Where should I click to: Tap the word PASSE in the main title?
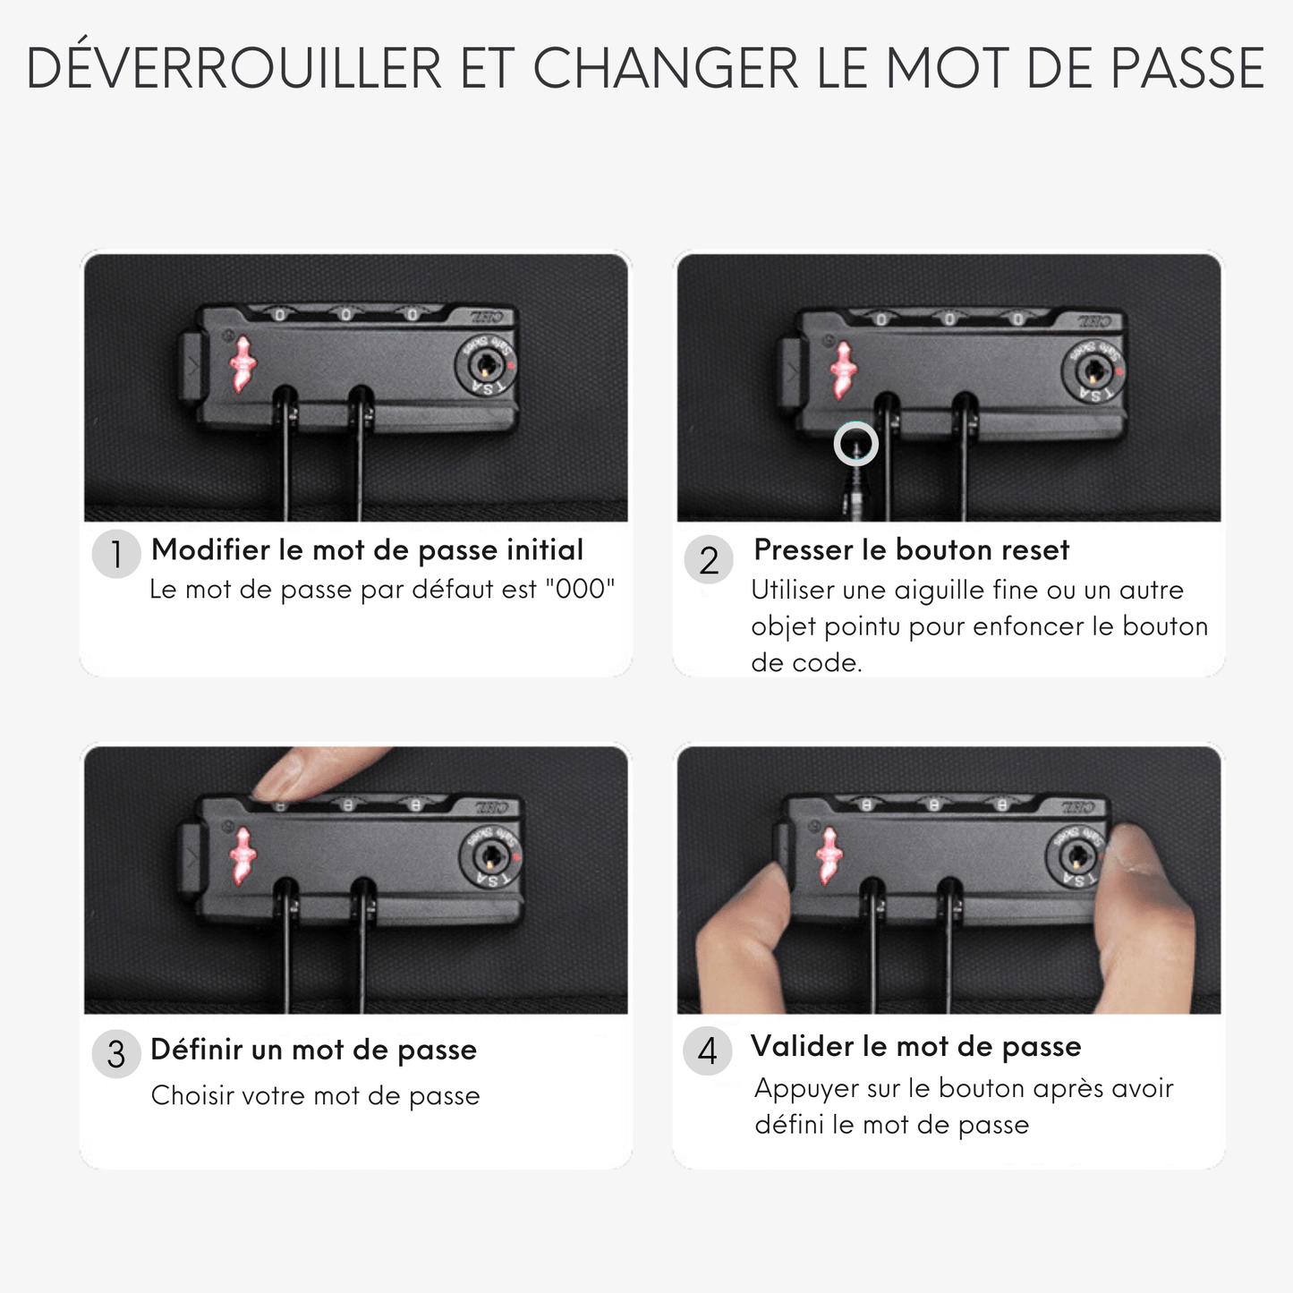pos(1187,68)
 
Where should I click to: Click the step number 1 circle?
pos(116,554)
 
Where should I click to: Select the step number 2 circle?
pos(709,559)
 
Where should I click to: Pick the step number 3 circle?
pos(116,1053)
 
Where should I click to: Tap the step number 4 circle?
pos(707,1051)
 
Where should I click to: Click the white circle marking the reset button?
pos(856,444)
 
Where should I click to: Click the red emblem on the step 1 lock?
pos(242,364)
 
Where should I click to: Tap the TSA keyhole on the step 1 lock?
pos(486,366)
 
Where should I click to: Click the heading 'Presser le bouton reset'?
pos(911,549)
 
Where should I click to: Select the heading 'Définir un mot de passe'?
pos(313,1051)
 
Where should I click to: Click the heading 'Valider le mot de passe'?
pos(916,1046)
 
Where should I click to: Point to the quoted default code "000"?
pos(581,589)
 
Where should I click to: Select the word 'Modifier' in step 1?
pos(210,549)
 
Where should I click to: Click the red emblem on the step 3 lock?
pos(242,855)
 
